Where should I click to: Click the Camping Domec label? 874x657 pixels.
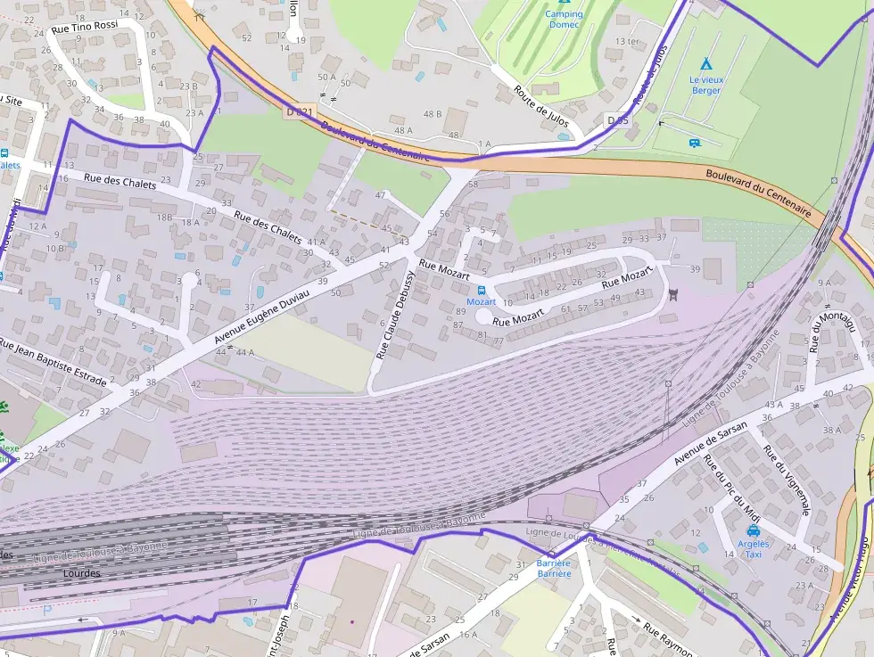564,19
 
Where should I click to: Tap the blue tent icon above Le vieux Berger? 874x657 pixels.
706,64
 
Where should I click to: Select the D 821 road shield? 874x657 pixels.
301,112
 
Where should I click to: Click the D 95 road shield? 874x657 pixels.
617,119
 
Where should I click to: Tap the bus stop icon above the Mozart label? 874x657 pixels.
482,290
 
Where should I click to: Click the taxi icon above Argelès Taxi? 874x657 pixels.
754,531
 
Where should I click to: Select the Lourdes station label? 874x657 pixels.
82,573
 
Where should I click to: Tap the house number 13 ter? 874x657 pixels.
628,42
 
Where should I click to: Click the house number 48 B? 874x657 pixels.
433,114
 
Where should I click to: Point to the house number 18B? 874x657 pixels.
164,217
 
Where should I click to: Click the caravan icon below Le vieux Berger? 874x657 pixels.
695,143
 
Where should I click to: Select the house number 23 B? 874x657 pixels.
186,86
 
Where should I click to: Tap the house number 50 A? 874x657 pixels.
327,78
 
